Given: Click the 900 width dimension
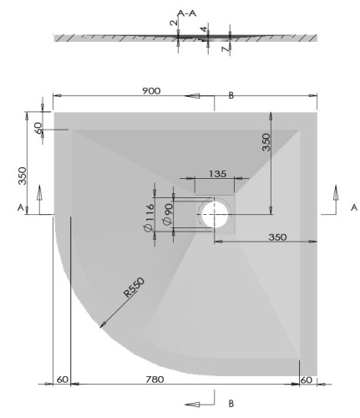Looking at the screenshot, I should pyautogui.click(x=151, y=90).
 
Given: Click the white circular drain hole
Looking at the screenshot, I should pyautogui.click(x=218, y=215).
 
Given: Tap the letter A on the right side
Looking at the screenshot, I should pyautogui.click(x=353, y=206).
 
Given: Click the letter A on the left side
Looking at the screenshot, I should pyautogui.click(x=18, y=207).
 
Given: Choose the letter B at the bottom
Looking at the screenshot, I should pyautogui.click(x=231, y=403).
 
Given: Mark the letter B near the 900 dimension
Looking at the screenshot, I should pyautogui.click(x=231, y=96).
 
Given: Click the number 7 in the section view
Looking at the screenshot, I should pyautogui.click(x=225, y=51).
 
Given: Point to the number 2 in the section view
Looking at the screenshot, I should pyautogui.click(x=173, y=23).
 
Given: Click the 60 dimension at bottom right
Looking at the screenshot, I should pyautogui.click(x=307, y=380).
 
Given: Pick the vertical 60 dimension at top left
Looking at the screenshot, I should pyautogui.click(x=38, y=128).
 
